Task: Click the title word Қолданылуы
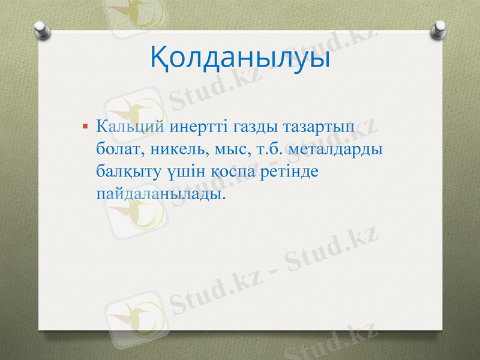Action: (239, 59)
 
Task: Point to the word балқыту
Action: (127, 172)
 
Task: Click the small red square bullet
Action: (85, 127)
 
